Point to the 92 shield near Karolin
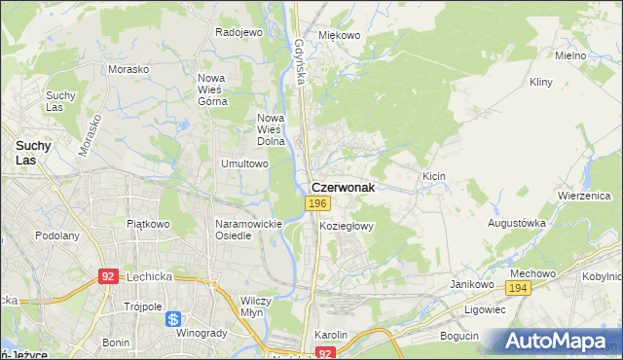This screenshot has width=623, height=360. click(326, 353)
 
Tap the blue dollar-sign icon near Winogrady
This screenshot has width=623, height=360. click(173, 318)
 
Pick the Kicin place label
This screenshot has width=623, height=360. click(433, 175)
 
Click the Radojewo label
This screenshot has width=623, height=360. click(239, 32)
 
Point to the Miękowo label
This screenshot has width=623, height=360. click(340, 35)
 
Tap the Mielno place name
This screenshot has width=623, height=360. click(569, 55)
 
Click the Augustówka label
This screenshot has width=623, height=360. click(516, 223)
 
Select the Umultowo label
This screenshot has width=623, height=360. click(244, 163)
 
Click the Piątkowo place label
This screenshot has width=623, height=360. click(148, 224)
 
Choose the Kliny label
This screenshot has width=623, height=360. click(541, 84)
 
